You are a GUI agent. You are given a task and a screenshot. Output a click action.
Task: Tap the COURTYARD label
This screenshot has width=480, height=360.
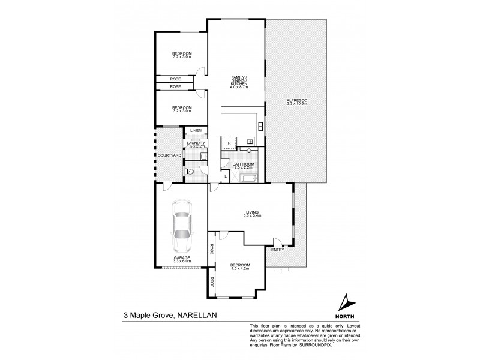coord(169,155)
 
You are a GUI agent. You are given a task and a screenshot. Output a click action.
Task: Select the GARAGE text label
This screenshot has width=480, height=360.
coord(181,257)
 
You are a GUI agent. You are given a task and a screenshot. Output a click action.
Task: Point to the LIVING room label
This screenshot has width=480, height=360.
coord(251,211)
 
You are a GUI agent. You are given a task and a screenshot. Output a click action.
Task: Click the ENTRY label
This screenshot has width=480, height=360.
coord(277,250)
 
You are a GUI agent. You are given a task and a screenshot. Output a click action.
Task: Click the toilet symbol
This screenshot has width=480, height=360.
coord(190,172)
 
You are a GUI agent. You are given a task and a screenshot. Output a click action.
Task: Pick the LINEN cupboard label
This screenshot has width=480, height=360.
coord(196,131)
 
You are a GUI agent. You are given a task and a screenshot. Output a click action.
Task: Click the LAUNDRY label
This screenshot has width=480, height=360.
coord(196,143)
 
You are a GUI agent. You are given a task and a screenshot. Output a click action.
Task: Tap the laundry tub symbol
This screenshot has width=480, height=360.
coord(203,156)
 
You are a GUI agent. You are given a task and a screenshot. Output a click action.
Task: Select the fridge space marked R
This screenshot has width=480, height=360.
coord(229,143)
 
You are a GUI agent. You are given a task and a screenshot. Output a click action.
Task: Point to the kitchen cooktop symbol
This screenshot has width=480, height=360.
coord(260,125)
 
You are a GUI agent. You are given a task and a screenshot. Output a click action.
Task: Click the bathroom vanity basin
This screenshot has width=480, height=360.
coord(250,151)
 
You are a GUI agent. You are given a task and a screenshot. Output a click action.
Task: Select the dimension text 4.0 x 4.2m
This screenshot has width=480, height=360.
coord(240,269)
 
